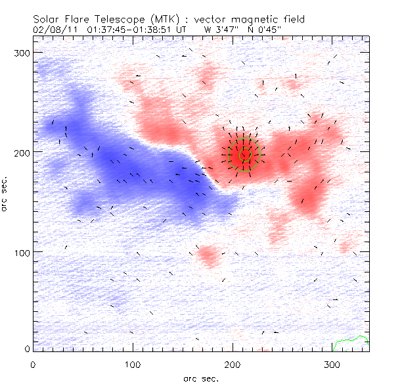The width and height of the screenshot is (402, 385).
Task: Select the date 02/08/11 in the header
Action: [52, 30]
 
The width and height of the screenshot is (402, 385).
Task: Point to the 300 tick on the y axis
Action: [22, 52]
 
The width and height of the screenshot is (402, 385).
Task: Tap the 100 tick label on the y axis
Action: [22, 253]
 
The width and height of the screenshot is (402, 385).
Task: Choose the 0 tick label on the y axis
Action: [26, 348]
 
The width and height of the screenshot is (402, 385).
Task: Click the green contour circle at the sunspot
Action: [244, 157]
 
